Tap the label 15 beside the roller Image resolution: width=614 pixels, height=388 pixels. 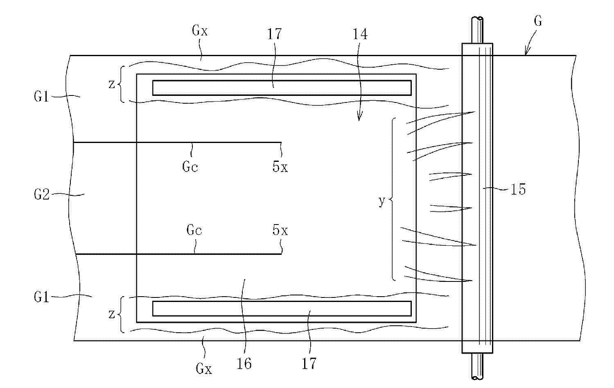pyautogui.click(x=518, y=190)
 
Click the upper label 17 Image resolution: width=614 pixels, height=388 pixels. pyautogui.click(x=275, y=34)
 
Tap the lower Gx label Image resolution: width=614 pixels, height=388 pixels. pyautogui.click(x=203, y=369)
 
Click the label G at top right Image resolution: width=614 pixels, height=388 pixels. pyautogui.click(x=538, y=21)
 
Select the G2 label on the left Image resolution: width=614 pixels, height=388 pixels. pyautogui.click(x=43, y=195)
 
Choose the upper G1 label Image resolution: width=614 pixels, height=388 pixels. pyautogui.click(x=43, y=98)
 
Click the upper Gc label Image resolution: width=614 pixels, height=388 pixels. pyautogui.click(x=190, y=167)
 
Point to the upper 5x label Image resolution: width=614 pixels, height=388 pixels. pyautogui.click(x=280, y=167)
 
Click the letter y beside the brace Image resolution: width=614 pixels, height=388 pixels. pyautogui.click(x=381, y=201)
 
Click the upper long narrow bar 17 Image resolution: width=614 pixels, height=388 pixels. pyautogui.click(x=282, y=88)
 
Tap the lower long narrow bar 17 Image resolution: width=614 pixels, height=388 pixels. pyautogui.click(x=282, y=309)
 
